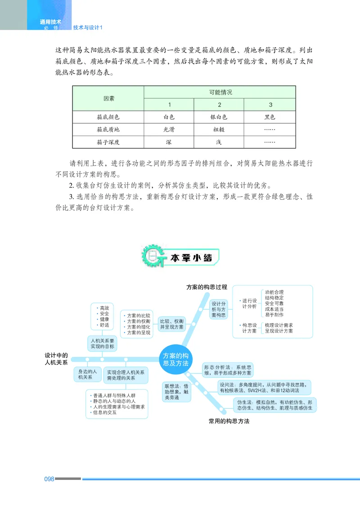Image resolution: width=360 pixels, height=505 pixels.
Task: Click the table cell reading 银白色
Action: point(219,117)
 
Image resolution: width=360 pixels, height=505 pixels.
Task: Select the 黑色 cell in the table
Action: point(270,117)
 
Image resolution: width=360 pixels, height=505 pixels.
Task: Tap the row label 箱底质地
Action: point(108,130)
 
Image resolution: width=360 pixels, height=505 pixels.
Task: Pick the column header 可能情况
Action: point(220,92)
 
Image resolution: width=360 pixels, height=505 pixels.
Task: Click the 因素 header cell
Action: point(108,98)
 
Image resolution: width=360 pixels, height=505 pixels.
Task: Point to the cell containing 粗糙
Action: point(219,130)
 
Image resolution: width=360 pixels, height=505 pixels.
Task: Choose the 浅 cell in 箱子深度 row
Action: point(219,142)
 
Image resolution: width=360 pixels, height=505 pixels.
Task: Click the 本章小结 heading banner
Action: point(191,258)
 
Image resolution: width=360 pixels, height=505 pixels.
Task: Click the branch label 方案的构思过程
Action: point(207,287)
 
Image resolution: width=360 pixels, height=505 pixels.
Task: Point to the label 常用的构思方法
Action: point(229,421)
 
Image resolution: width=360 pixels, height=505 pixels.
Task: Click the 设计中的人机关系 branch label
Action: point(56,358)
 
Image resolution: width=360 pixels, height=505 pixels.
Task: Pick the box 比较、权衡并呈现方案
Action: point(172,325)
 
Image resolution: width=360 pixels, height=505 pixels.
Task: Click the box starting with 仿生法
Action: point(274,405)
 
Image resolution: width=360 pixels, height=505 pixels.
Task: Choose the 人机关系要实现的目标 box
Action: point(103,343)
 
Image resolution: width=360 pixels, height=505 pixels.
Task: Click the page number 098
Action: point(49,479)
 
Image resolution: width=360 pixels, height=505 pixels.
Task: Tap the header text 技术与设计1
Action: point(88,27)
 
